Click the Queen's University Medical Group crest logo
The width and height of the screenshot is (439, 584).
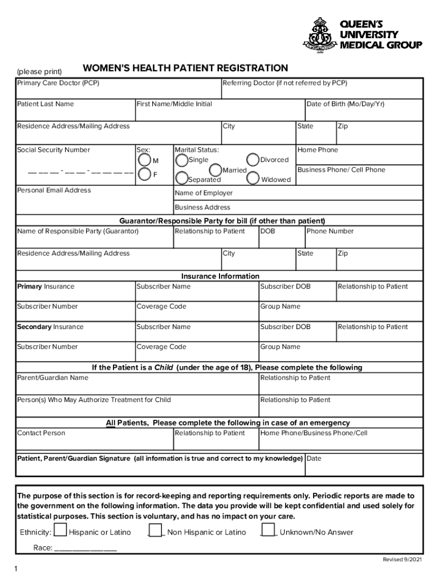tap(324, 35)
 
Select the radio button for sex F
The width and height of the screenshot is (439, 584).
tap(145, 174)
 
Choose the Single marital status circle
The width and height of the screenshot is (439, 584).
tap(182, 160)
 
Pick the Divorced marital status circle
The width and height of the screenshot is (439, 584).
tap(253, 160)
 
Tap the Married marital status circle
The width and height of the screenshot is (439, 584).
tap(216, 170)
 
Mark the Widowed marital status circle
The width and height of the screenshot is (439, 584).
tap(253, 179)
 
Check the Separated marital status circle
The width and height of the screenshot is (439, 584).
tap(182, 179)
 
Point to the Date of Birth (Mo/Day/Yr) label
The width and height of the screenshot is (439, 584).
tap(345, 104)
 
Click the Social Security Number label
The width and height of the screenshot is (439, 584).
tap(54, 150)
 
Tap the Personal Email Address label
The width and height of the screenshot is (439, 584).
tap(54, 190)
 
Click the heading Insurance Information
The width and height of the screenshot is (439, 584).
tap(220, 276)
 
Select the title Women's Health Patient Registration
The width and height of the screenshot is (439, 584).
tap(185, 68)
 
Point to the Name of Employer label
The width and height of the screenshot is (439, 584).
tap(204, 193)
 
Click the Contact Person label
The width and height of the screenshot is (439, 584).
tap(41, 433)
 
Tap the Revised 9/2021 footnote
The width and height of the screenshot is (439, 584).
tap(403, 559)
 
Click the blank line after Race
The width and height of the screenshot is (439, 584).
tap(86, 549)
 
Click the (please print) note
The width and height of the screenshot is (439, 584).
tap(39, 71)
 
